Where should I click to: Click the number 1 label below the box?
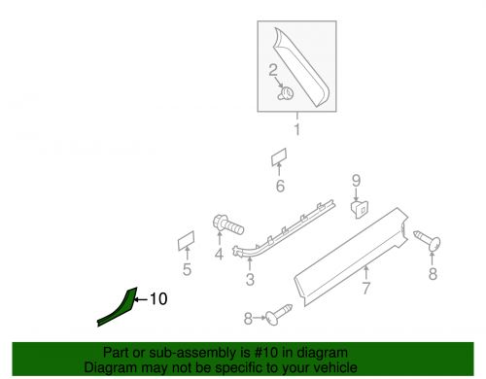click(298, 128)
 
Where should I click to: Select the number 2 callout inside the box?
click(274, 70)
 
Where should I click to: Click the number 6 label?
click(279, 187)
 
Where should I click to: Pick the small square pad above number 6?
click(279, 157)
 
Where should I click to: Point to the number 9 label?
click(356, 180)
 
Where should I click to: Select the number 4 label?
click(219, 256)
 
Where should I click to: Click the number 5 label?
click(187, 271)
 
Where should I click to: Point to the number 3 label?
click(250, 281)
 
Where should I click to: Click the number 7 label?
click(365, 288)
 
